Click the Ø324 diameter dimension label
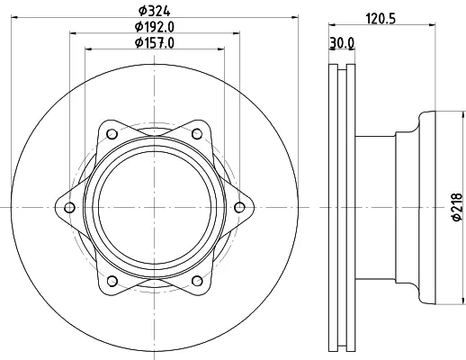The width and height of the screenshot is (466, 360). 154,11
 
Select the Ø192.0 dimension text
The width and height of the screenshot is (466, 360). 155,27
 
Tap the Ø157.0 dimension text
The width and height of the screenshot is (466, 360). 155,43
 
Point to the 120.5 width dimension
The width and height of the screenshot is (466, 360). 381,19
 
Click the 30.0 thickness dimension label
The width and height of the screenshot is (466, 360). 342,43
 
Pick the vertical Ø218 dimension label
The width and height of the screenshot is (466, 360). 457,207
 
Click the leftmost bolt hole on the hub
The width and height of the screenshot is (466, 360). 69,207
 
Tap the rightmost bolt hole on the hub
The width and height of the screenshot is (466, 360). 239,207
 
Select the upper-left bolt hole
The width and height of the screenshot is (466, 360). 112,134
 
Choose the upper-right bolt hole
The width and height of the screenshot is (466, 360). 197,134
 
